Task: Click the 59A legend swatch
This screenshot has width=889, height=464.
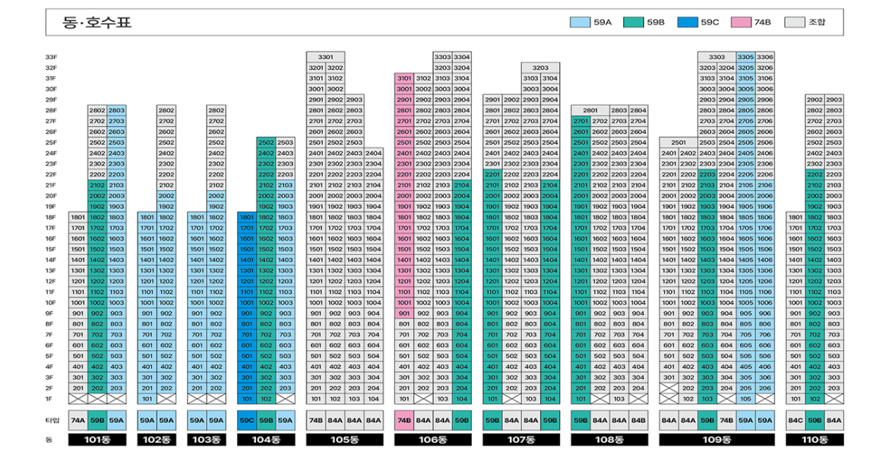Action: click(580, 22)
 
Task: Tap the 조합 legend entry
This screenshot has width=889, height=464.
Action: click(797, 22)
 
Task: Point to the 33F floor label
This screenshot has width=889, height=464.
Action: click(51, 57)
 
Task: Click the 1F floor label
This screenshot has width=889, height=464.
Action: click(49, 398)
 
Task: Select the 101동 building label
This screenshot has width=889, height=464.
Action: click(97, 440)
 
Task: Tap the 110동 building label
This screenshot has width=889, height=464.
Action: click(814, 440)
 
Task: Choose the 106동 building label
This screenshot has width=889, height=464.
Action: click(432, 440)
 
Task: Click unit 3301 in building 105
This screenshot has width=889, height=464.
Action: click(325, 57)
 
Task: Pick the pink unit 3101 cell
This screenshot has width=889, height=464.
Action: click(404, 78)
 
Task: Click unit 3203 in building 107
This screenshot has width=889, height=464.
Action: click(540, 68)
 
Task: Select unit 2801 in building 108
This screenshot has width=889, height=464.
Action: click(590, 110)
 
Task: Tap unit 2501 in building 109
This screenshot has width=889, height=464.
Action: click(679, 142)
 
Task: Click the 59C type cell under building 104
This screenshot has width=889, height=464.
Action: click(247, 419)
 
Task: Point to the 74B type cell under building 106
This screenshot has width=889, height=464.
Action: click(404, 419)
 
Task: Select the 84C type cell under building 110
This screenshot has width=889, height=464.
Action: click(795, 419)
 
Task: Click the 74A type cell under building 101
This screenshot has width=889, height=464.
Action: click(78, 419)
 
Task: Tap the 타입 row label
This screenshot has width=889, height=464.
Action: click(52, 419)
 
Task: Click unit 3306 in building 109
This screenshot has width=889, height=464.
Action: click(764, 57)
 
